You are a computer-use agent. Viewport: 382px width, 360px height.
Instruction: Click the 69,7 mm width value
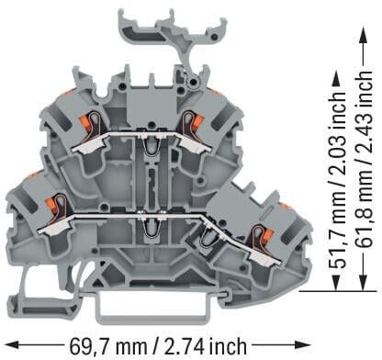tap(107, 346)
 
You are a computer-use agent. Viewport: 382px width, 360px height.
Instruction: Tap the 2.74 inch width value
tap(206, 346)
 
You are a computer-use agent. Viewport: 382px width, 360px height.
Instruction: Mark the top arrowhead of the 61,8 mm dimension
tap(363, 35)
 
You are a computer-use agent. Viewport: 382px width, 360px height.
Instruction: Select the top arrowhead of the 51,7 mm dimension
tap(337, 79)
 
